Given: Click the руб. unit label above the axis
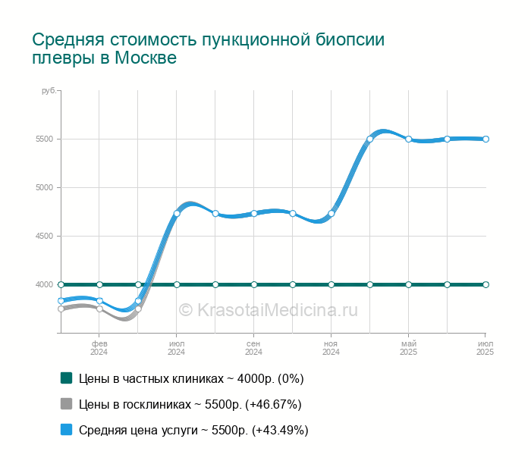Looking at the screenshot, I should (x=48, y=91).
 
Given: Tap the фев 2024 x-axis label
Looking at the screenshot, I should (x=99, y=348).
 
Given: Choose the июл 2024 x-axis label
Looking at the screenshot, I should (x=177, y=348).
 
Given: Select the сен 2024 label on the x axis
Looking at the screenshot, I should (x=254, y=348).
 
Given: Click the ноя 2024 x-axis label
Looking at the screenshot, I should (x=331, y=348).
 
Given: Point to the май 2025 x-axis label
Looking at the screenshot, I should (x=409, y=348).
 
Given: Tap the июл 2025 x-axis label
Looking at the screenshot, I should (x=485, y=348).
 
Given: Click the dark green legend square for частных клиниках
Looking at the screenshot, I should (x=67, y=378).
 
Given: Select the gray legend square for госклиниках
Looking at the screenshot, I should (x=67, y=403).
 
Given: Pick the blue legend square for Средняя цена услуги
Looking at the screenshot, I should (x=67, y=429).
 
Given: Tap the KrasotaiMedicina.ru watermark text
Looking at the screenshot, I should (x=268, y=309).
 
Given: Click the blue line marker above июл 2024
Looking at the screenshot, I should (x=177, y=214).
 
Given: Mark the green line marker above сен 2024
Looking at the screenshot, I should (x=254, y=284).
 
